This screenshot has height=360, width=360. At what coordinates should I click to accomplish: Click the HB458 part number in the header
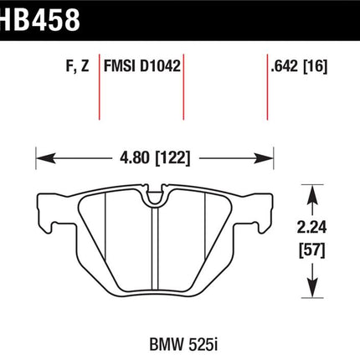pos(40,19)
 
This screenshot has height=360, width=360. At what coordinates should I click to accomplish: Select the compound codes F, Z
pos(77,66)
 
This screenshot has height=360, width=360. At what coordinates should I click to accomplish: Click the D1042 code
pos(160,66)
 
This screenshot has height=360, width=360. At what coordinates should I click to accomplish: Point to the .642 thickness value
pos(285,66)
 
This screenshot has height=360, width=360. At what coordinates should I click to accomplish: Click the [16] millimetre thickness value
pos(315,67)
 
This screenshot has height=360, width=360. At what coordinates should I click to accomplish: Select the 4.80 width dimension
pos(135,158)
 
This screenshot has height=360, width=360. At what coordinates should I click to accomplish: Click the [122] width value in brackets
pos(172,158)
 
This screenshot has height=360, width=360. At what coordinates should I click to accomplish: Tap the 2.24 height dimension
pos(311,227)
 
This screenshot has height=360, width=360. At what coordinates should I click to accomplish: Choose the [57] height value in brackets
pos(312,250)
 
